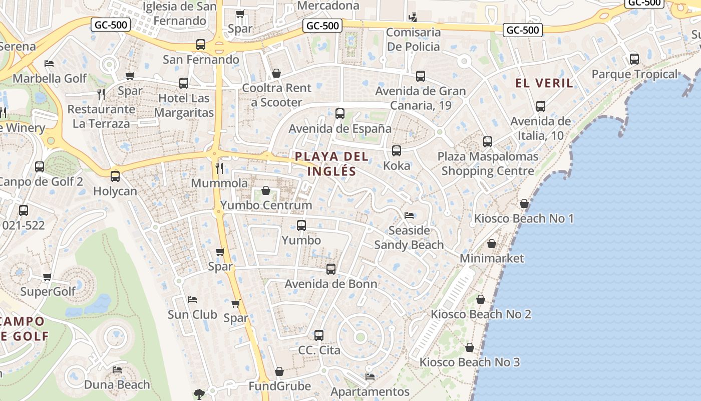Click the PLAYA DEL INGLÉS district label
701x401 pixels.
coord(331,164)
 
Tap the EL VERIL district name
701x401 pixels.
coord(544,83)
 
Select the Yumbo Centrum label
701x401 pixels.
coord(266,205)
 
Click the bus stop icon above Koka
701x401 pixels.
coord(397,151)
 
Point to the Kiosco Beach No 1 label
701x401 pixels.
coord(524,219)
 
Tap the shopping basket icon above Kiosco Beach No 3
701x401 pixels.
coord(470,347)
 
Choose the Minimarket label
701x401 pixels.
coord(492,258)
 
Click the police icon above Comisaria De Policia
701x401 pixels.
coord(413,18)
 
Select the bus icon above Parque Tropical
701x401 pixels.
coord(634,59)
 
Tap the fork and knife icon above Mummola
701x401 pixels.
coord(219,168)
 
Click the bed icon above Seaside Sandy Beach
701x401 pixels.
coord(409,216)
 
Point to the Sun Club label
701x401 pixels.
coord(192,315)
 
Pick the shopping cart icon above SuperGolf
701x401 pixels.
coord(48,277)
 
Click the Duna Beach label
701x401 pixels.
coord(117,385)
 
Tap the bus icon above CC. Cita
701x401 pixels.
coord(319,335)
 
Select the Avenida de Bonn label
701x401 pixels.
coord(331,284)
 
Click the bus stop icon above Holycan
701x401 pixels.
coord(115,176)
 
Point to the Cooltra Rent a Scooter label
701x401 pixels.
coord(276,95)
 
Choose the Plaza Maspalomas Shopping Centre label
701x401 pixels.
coord(488,164)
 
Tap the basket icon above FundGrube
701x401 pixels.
coord(279,371)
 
